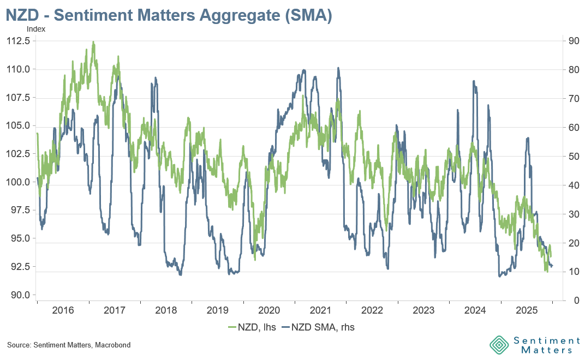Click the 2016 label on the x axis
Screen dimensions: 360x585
pos(63,310)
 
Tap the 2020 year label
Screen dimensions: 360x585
pos(269,310)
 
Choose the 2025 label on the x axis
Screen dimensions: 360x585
pos(527,310)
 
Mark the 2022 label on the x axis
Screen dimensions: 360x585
pos(372,310)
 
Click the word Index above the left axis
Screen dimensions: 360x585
pos(36,29)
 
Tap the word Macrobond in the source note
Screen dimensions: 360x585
pos(113,345)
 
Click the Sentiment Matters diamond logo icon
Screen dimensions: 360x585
pos(499,345)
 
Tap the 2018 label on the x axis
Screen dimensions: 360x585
pos(166,310)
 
